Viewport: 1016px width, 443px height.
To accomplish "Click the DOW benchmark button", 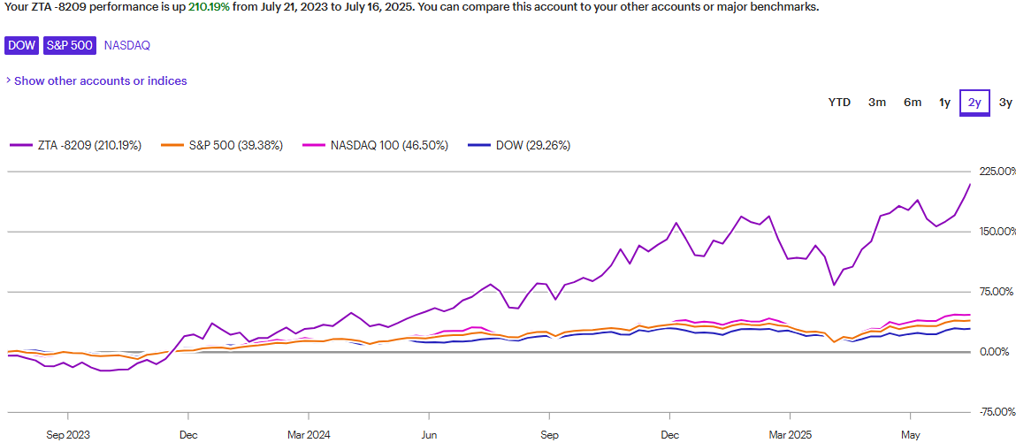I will tap(22, 44).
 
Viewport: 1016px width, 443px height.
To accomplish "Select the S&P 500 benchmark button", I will tap(70, 44).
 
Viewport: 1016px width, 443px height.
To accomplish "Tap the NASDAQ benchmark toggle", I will tap(126, 44).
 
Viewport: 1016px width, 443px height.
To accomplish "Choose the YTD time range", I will tap(839, 103).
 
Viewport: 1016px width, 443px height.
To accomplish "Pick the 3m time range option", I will tap(877, 103).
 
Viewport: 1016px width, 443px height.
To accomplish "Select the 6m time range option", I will tap(913, 103).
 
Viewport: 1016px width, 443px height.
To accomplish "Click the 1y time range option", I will tap(944, 103).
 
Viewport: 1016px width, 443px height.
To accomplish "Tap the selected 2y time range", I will tap(974, 103).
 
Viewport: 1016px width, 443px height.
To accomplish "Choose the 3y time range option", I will tap(1005, 103).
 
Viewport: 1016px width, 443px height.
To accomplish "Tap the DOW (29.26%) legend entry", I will tap(519, 146).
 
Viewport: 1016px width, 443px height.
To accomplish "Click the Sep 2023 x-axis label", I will tap(68, 435).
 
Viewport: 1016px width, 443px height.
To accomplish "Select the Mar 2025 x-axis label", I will tap(790, 435).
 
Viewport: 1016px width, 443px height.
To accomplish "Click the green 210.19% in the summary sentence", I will tap(209, 6).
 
